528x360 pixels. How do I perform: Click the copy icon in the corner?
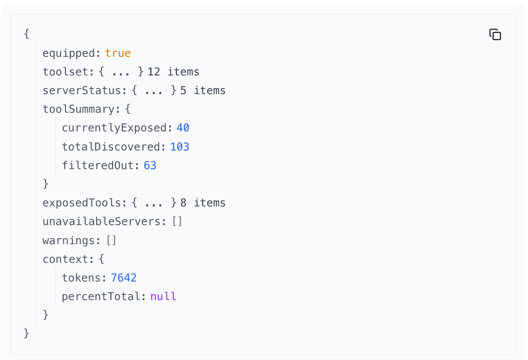(495, 35)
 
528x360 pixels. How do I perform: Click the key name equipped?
(68, 53)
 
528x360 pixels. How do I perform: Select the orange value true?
(118, 53)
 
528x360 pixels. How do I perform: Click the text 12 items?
(173, 72)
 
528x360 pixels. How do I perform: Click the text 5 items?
(203, 91)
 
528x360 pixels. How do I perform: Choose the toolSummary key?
(78, 109)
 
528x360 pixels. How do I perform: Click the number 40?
(183, 128)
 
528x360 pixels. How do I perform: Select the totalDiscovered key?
(111, 147)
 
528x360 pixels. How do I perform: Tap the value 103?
(180, 147)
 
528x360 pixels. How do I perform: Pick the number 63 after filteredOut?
(150, 165)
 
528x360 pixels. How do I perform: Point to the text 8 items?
(203, 203)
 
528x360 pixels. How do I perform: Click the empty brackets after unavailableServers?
(177, 222)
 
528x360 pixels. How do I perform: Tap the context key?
(65, 259)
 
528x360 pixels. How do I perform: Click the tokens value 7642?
(124, 278)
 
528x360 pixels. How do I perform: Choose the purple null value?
(163, 297)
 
